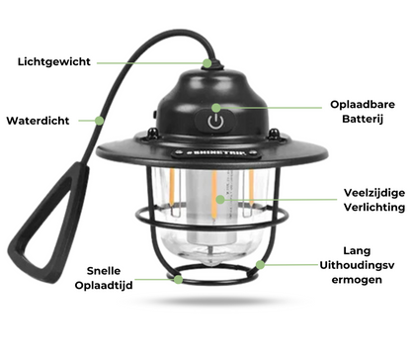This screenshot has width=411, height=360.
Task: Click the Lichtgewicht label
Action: [x=54, y=61]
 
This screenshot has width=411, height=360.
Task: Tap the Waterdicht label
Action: [x=38, y=121]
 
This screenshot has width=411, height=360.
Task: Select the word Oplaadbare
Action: [x=363, y=105]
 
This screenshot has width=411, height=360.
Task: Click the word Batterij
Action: [x=363, y=119]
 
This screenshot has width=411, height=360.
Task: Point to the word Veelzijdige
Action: [x=374, y=193]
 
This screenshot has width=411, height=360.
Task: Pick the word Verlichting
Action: [x=374, y=207]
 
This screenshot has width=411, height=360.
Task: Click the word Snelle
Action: [x=104, y=271]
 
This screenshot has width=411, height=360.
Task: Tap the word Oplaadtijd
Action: [x=104, y=285]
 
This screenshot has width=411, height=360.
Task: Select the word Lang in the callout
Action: [x=357, y=251]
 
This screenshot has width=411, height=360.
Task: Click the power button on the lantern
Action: [x=215, y=122]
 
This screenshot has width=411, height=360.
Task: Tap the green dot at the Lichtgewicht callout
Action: [x=207, y=63]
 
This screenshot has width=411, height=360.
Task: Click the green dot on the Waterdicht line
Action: [x=99, y=121]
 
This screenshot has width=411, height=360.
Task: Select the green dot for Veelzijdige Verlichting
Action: [x=220, y=199]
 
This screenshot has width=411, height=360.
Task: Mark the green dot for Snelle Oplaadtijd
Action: [x=178, y=280]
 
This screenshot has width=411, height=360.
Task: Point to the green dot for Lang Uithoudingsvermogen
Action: [x=260, y=264]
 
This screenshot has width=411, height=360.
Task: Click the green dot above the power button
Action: [x=216, y=108]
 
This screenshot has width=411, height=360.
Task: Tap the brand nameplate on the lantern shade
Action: [x=216, y=153]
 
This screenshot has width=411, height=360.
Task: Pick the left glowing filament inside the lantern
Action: [x=172, y=187]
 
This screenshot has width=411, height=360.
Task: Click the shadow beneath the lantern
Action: [x=217, y=301]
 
